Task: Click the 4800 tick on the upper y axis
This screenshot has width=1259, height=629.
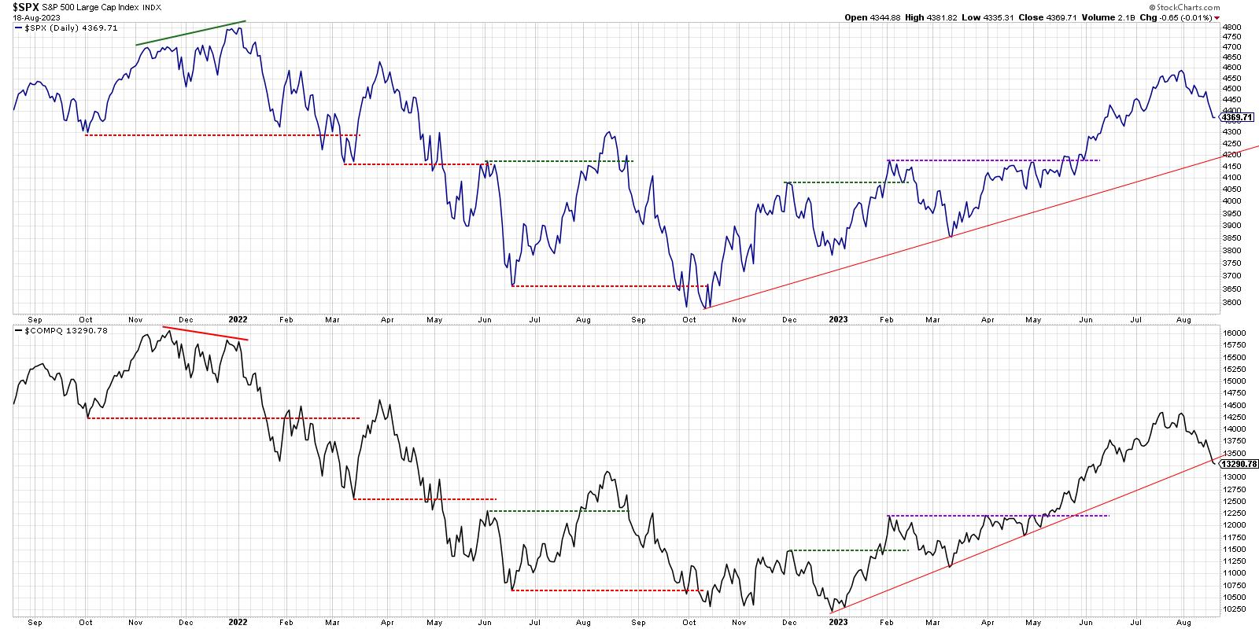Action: [1232, 27]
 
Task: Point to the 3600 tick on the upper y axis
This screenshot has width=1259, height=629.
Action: [1232, 302]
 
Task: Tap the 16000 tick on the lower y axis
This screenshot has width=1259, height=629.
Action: [1235, 333]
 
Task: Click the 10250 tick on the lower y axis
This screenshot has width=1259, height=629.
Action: [1235, 609]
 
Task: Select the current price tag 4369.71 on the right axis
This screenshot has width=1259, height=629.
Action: [1236, 117]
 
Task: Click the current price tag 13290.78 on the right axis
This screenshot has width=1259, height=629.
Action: [1239, 465]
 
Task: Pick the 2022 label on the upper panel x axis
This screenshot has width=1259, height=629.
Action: [238, 320]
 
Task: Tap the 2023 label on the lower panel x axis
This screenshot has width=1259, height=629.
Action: [839, 622]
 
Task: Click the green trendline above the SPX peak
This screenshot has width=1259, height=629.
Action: [190, 33]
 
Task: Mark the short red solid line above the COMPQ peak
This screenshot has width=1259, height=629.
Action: [205, 333]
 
